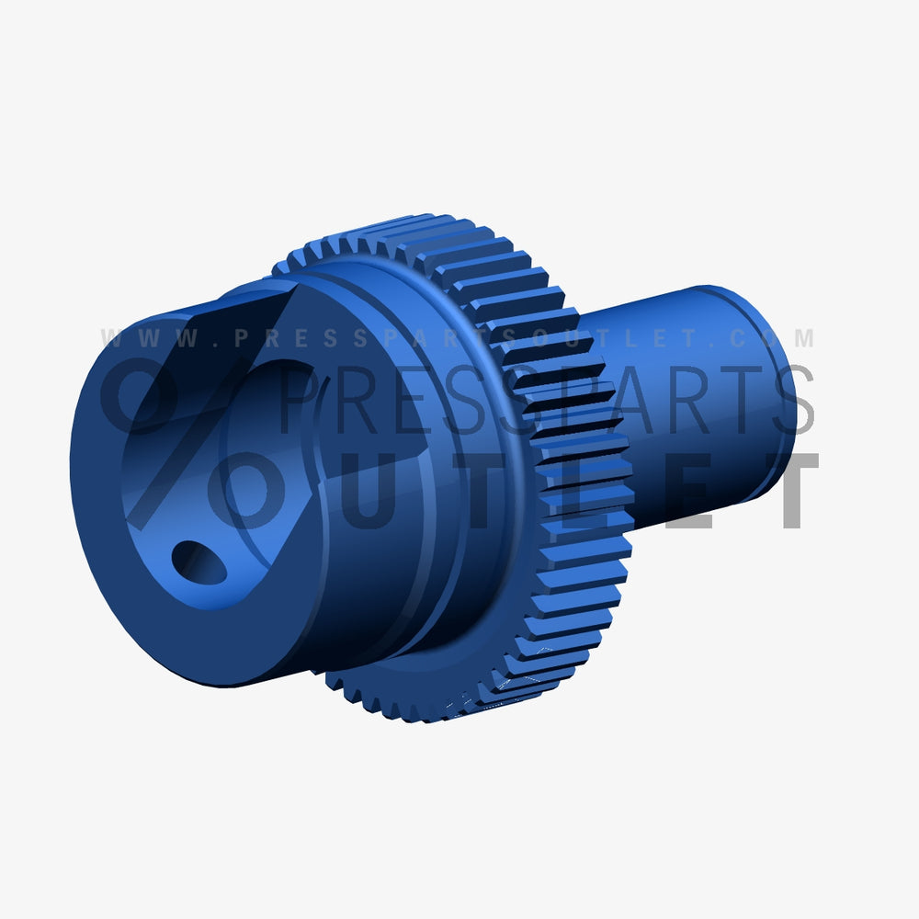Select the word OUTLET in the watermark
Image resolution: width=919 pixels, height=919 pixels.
(x=515, y=492)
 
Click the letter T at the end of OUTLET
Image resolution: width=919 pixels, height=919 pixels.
(x=787, y=492)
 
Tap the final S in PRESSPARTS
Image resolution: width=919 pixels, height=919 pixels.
(x=790, y=400)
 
